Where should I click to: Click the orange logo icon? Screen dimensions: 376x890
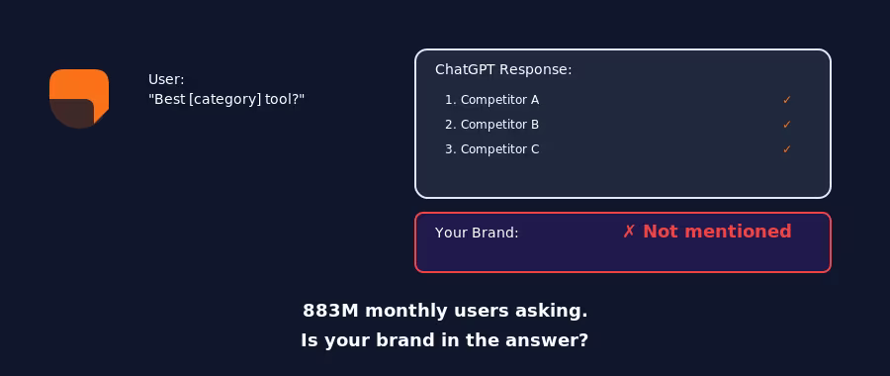pyautogui.click(x=79, y=98)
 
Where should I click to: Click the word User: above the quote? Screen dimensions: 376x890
pyautogui.click(x=166, y=79)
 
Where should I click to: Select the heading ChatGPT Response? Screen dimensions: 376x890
pyautogui.click(x=503, y=69)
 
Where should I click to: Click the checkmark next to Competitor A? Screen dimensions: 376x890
pyautogui.click(x=787, y=100)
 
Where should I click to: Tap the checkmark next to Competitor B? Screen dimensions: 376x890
pyautogui.click(x=787, y=125)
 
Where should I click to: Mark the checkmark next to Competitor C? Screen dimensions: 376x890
pyautogui.click(x=787, y=149)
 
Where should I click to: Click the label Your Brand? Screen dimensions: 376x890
pyautogui.click(x=477, y=233)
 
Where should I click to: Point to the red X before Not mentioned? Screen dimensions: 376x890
pyautogui.click(x=629, y=232)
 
